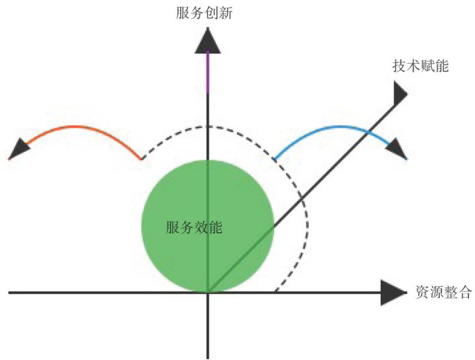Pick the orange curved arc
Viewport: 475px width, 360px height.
[78, 127]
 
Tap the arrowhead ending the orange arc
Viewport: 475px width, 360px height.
[21, 146]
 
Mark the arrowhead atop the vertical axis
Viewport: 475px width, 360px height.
[208, 41]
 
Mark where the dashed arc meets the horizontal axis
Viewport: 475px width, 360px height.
[275, 292]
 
